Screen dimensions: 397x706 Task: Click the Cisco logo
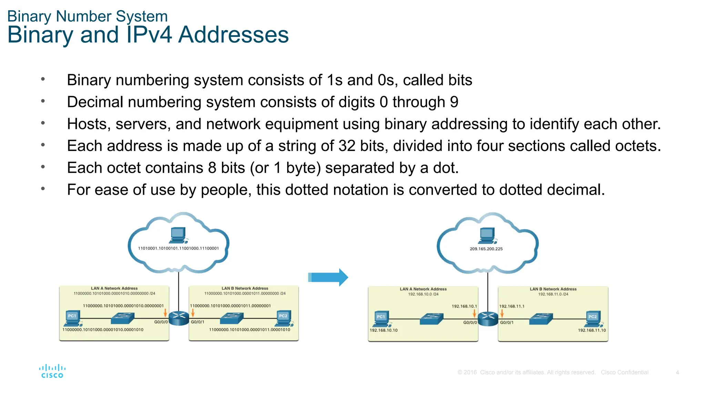click(52, 371)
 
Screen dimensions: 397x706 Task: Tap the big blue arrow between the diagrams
click(329, 277)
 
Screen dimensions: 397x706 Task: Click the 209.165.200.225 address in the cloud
click(486, 249)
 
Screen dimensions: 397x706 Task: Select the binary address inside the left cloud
click(178, 248)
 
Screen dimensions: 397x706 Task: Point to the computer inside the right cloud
click(487, 235)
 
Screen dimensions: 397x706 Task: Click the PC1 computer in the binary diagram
click(73, 318)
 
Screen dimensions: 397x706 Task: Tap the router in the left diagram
click(179, 318)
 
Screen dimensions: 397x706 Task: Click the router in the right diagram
click(488, 319)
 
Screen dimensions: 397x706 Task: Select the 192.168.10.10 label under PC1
click(383, 330)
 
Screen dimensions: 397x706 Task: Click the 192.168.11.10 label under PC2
click(592, 330)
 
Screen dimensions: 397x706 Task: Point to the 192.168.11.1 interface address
click(512, 306)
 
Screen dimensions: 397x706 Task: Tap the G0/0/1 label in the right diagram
click(507, 323)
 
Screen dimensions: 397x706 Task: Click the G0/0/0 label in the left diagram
click(161, 322)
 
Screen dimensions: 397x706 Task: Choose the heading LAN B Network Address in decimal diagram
click(553, 289)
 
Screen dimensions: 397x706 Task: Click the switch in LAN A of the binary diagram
click(122, 318)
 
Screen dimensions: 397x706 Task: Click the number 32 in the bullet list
click(347, 146)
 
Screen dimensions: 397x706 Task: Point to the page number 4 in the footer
click(677, 372)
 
